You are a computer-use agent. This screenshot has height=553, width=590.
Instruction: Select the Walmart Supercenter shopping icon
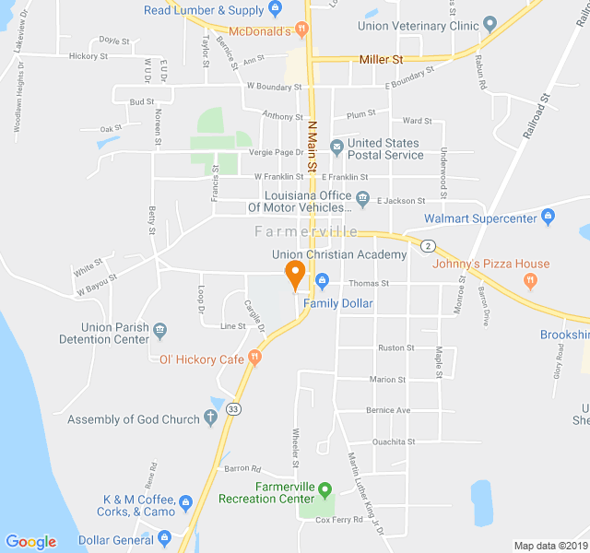(549, 218)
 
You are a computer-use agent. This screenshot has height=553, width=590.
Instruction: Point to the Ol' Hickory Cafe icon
(255, 359)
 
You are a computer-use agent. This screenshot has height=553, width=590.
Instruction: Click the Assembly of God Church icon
(210, 419)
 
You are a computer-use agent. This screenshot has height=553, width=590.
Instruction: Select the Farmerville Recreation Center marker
(324, 488)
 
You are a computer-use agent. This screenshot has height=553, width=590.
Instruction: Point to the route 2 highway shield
(428, 245)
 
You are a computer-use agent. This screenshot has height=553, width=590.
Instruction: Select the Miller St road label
(381, 60)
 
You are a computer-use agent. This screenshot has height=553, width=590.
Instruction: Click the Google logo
(30, 542)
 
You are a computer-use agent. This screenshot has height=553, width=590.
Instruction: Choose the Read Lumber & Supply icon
(275, 10)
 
